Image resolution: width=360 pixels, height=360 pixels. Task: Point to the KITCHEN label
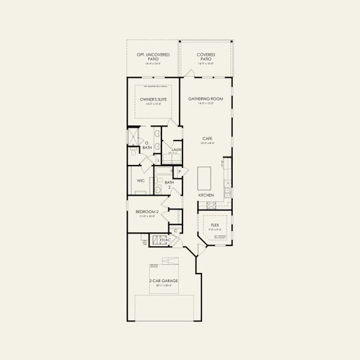(x=206, y=196)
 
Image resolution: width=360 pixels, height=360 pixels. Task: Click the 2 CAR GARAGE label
(x=163, y=280)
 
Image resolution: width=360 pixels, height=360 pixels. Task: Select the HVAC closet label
(x=166, y=240)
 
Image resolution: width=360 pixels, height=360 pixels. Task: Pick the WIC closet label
(x=140, y=180)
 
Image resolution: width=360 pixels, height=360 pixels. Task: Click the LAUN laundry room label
(x=176, y=150)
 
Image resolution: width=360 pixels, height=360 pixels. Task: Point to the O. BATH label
(x=147, y=145)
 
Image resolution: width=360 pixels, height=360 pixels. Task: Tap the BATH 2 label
(x=169, y=184)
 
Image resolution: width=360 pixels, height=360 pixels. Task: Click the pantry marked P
(x=179, y=172)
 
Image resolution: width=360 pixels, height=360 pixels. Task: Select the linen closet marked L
(x=158, y=160)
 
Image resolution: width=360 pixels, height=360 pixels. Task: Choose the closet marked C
(x=176, y=230)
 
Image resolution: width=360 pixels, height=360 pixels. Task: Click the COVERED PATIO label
(x=206, y=56)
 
